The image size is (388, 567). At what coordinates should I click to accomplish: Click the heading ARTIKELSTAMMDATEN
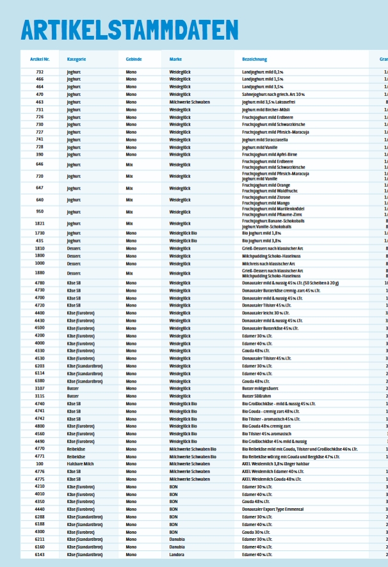(x=129, y=30)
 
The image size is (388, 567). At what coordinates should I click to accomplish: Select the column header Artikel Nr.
(x=40, y=60)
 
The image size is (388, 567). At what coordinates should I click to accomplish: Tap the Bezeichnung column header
(x=254, y=60)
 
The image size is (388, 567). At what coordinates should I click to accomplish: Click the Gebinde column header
(x=134, y=60)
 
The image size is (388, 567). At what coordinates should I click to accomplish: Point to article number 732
(x=40, y=72)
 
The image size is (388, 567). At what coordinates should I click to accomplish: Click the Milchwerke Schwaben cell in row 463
(x=190, y=102)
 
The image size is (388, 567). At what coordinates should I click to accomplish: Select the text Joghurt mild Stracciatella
(x=265, y=139)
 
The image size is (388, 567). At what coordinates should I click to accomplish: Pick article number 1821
(x=40, y=223)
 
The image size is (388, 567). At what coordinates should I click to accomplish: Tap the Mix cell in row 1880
(x=131, y=273)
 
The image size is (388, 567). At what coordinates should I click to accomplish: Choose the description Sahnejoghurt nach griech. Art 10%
(x=273, y=94)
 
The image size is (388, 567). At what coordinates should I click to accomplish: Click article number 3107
(x=40, y=388)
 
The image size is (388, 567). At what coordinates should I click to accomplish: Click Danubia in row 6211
(x=177, y=539)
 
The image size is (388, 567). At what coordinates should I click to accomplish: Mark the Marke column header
(x=175, y=60)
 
